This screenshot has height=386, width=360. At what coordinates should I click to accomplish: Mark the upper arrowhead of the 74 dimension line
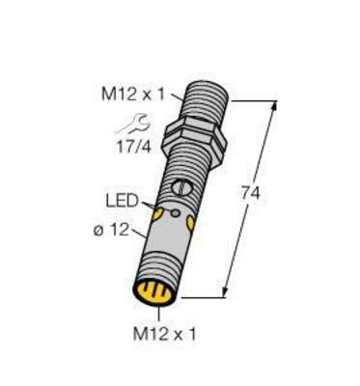click(275, 103)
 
